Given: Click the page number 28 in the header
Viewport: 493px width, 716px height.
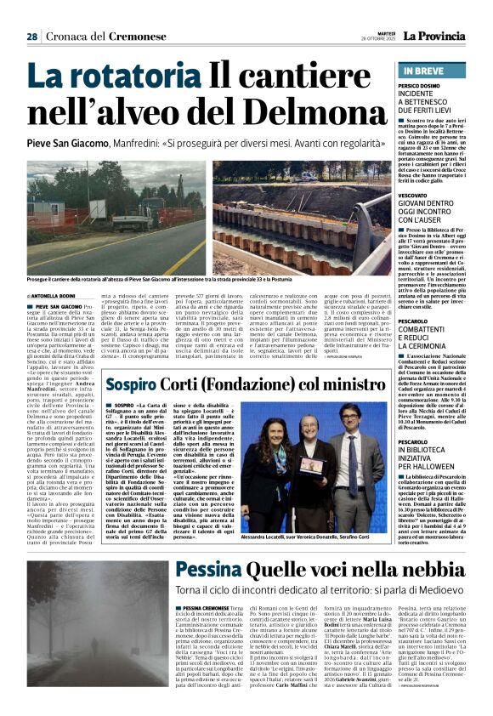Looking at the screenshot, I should pos(31,37).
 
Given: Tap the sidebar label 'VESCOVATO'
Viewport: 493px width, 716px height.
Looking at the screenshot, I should pos(416,195).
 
